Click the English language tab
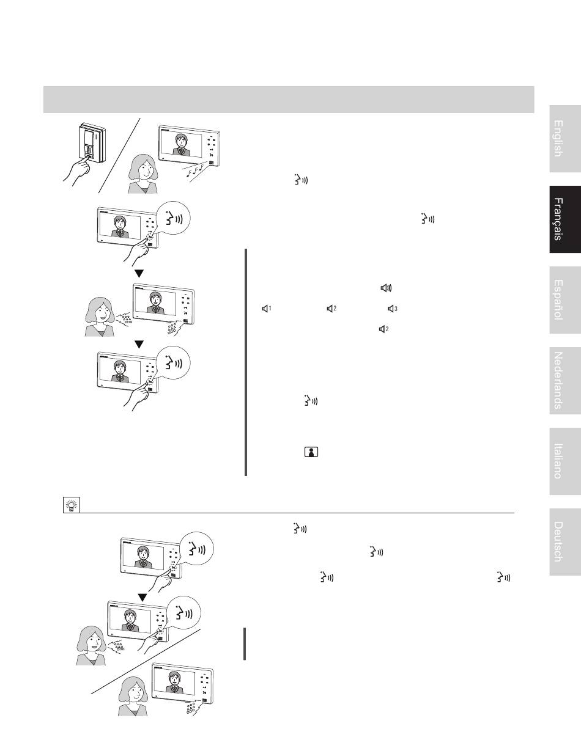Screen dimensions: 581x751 [565, 139]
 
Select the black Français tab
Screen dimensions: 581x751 [565, 219]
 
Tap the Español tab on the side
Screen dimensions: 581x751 [565, 300]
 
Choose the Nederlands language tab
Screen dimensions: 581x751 [565, 381]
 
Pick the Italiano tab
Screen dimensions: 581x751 [565, 461]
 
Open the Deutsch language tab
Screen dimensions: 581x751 [565, 542]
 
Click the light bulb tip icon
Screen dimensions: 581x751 [72, 505]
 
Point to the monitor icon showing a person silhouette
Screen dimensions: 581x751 [311, 452]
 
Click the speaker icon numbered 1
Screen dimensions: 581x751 [266, 309]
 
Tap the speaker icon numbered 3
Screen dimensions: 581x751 [393, 309]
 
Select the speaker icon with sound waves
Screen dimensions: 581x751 [387, 288]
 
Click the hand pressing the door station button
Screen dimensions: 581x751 [76, 171]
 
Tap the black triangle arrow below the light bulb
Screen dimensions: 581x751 [142, 597]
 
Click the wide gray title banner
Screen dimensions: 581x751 [289, 100]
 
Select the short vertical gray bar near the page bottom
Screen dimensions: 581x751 [245, 644]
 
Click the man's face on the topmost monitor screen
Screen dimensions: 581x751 [180, 141]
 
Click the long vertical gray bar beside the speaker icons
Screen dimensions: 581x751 [246, 362]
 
